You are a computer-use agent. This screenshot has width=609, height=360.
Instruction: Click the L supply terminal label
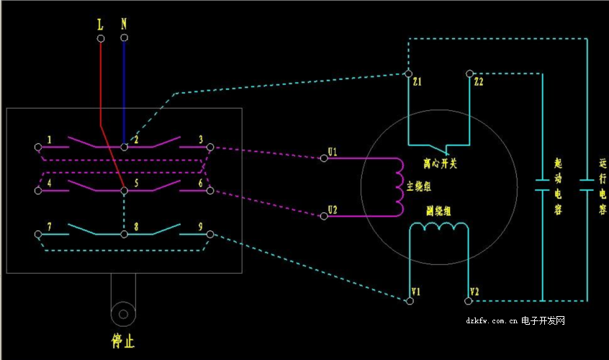click(x=100, y=24)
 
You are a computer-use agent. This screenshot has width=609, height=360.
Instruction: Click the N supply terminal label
click(x=124, y=24)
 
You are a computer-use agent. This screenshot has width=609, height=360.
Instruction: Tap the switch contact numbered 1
click(x=38, y=146)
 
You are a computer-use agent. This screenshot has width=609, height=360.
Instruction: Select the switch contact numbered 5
click(x=125, y=191)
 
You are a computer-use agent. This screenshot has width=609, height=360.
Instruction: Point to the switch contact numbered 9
click(x=209, y=235)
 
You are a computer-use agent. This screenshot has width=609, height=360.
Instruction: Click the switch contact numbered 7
click(x=38, y=235)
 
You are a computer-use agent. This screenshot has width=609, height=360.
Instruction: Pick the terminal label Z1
click(x=418, y=83)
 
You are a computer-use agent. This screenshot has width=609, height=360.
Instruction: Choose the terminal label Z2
click(x=479, y=83)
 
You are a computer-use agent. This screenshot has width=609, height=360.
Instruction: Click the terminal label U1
click(x=332, y=152)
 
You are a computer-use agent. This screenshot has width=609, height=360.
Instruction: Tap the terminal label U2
click(x=332, y=210)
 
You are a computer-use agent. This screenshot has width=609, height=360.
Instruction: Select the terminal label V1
click(x=415, y=292)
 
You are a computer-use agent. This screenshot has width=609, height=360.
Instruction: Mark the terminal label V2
click(x=474, y=292)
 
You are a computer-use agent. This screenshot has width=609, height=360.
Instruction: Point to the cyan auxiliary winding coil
click(x=439, y=228)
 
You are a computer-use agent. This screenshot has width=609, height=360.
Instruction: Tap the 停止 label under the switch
click(x=123, y=341)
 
